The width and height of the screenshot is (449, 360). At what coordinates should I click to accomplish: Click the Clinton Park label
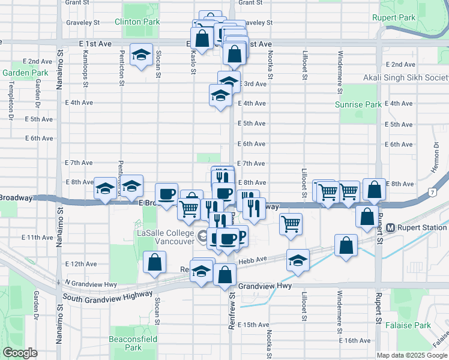point(137,22)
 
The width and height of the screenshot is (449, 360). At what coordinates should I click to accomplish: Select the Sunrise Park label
point(358,104)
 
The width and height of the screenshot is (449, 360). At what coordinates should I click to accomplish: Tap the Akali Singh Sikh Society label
point(406,78)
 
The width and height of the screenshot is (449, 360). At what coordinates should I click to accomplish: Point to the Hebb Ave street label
point(254,259)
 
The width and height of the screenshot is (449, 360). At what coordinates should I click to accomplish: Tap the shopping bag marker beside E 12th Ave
point(155,262)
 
